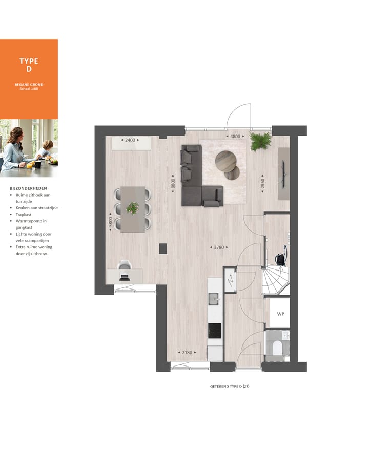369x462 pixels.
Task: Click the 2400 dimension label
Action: tap(131, 140)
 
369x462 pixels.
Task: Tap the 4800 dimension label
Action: tap(235, 137)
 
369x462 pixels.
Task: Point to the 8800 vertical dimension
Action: tap(173, 184)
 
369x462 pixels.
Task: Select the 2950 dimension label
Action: tap(263, 184)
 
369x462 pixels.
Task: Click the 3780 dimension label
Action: tap(219, 248)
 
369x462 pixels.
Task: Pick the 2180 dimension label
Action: tap(188, 352)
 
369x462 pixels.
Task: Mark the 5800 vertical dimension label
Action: tap(110, 222)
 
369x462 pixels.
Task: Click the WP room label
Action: tap(280, 314)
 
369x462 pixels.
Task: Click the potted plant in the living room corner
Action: tap(260, 141)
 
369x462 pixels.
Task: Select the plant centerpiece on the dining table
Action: tap(133, 208)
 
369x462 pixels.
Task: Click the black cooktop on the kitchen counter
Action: tap(215, 331)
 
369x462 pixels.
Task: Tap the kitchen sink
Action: tap(214, 298)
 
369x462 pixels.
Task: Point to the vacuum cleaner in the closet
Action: tap(280, 257)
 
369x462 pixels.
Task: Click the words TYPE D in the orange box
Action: tap(29, 65)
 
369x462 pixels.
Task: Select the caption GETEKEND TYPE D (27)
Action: tap(230, 386)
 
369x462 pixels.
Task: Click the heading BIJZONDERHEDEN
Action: tap(28, 188)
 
